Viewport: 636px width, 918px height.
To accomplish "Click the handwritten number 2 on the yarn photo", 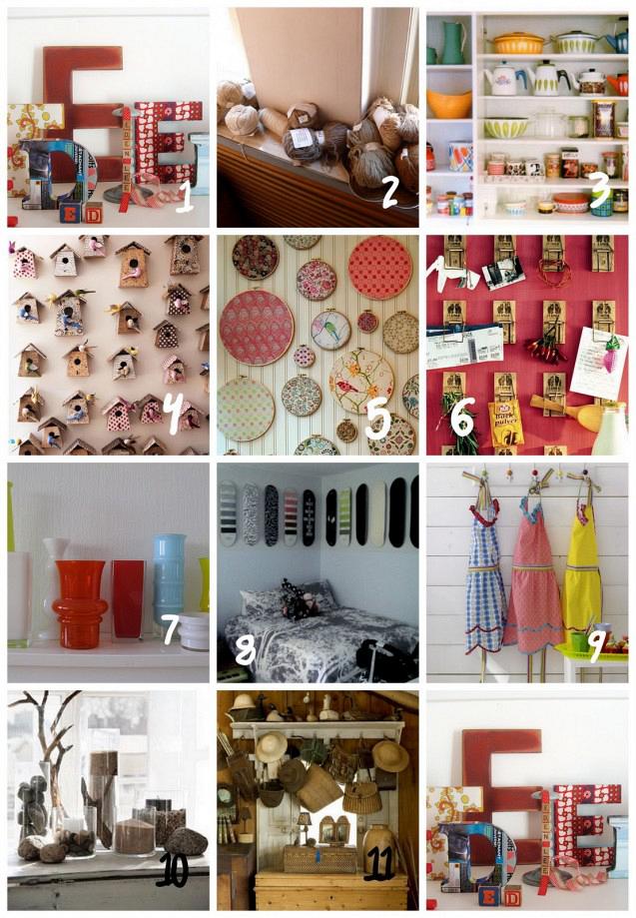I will coord(389,190).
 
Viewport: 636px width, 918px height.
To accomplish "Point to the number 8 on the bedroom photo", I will coord(245,651).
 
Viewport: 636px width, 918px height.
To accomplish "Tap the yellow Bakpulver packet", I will coord(506,421).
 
